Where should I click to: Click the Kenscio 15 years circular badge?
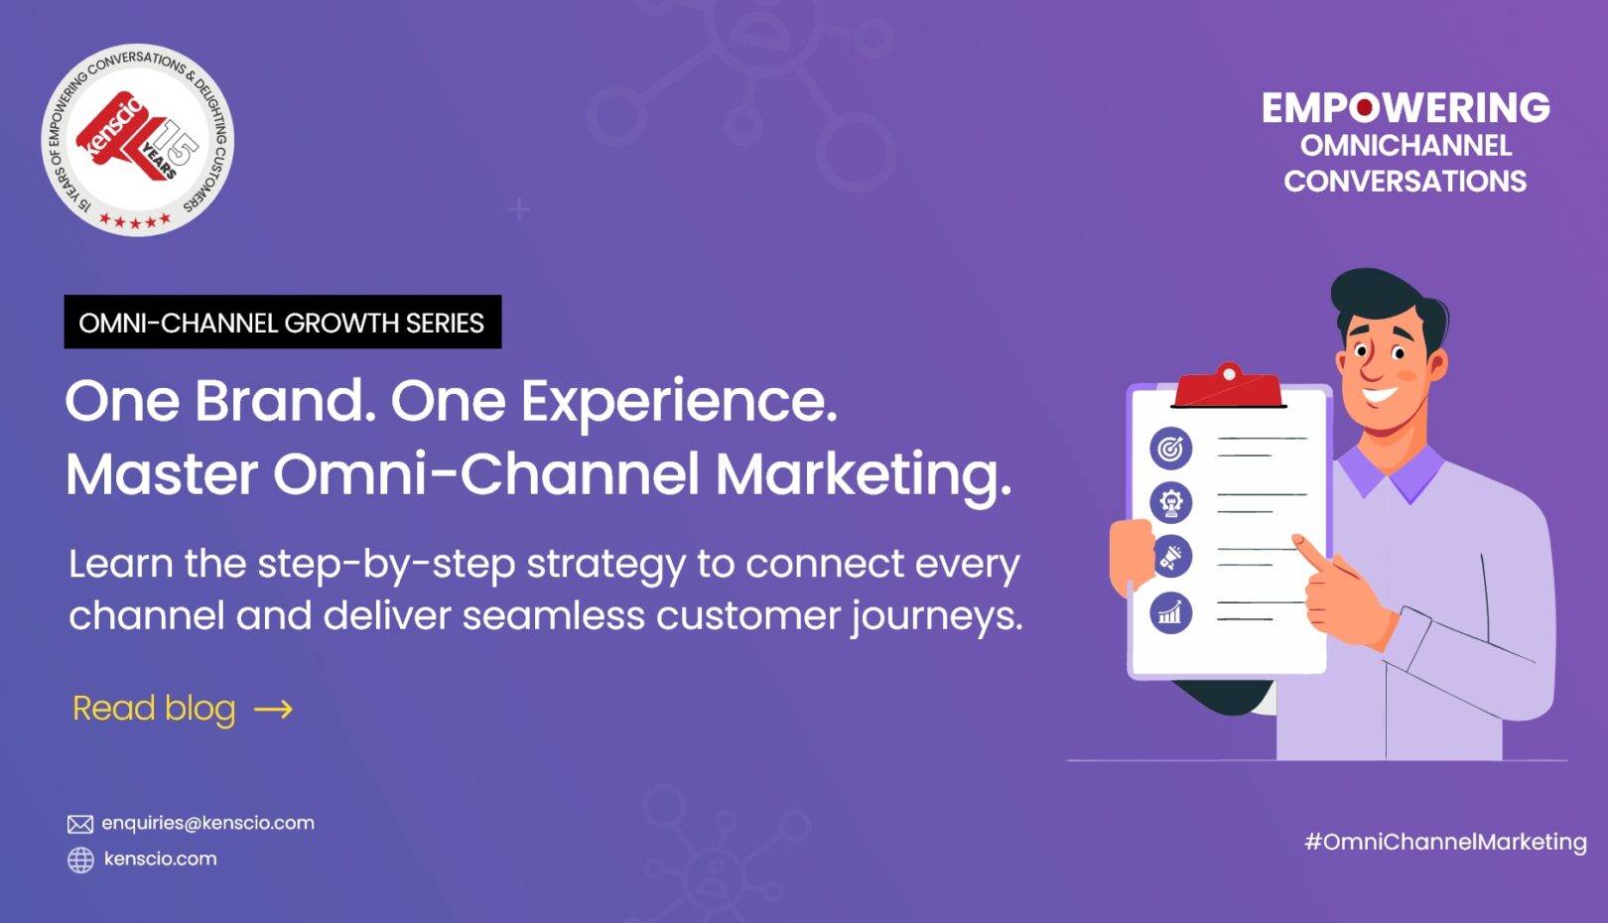point(138,140)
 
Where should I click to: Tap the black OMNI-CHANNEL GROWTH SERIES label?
point(283,323)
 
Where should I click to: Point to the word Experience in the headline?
point(678,403)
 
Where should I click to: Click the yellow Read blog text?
point(154,709)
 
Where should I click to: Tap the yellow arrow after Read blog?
point(274,709)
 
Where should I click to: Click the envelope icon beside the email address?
point(80,824)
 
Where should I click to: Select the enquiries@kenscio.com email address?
point(208,823)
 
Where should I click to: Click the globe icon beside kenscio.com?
point(80,859)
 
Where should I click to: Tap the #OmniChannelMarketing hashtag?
point(1446,842)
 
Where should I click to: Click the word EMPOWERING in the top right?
point(1406,107)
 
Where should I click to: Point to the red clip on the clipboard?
point(1228,385)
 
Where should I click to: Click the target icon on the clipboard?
point(1171,448)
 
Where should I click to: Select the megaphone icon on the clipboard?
point(1171,557)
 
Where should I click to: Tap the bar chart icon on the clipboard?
point(1171,613)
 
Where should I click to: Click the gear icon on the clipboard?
point(1171,502)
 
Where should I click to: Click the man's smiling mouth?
point(1380,395)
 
